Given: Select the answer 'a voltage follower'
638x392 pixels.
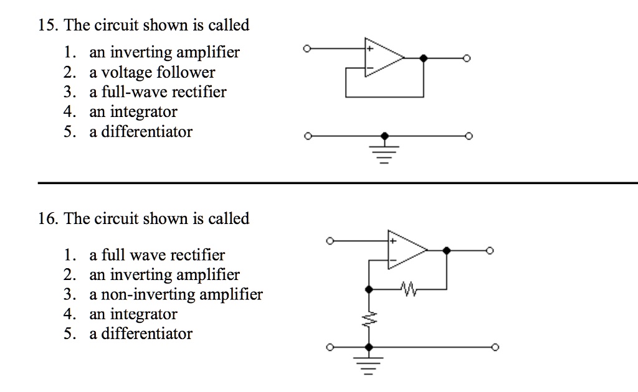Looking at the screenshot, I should pos(152,72).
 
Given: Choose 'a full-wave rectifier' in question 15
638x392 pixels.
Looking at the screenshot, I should pos(158,92).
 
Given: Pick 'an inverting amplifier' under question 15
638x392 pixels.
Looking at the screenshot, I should pos(164,52).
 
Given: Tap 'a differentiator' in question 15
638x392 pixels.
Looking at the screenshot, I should pos(141,132).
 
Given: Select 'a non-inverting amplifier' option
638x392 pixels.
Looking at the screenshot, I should pos(176,294).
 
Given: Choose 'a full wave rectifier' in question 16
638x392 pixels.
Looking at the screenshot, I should pos(157,255).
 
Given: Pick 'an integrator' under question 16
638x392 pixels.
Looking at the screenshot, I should pos(133,314).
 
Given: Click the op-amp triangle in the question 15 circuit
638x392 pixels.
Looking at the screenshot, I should pos(382,57).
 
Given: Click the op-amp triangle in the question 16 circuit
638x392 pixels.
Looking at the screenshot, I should pos(405,250).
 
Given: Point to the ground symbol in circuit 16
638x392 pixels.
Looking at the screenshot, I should pos(369,363).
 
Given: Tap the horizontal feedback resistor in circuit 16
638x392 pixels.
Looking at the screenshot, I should pos(409,289).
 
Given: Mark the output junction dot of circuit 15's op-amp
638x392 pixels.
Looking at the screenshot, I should pos(424,58).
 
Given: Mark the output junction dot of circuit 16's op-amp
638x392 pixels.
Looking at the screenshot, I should pos(446,250).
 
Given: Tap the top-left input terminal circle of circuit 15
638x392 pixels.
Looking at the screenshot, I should pos(305,48).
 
